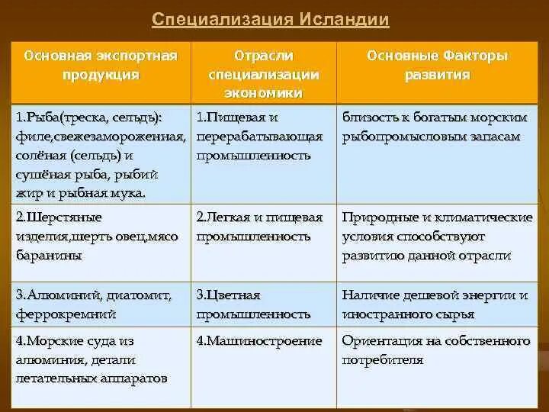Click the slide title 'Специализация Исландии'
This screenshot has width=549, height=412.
click(271, 19)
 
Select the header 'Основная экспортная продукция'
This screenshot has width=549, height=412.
click(101, 66)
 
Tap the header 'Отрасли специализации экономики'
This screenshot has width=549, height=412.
click(263, 74)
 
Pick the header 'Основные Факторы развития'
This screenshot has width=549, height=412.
click(438, 66)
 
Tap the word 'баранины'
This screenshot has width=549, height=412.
click(48, 256)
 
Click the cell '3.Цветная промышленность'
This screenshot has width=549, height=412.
click(253, 304)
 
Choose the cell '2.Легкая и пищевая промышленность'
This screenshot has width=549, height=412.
click(259, 227)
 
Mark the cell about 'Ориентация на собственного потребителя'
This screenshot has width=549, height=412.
click(436, 350)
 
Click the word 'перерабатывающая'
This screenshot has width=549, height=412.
click(259, 137)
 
